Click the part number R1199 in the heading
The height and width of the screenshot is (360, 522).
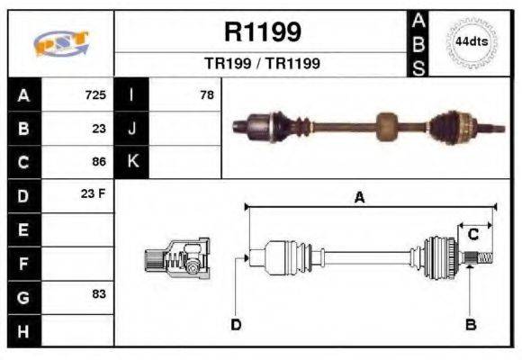pos(261,32)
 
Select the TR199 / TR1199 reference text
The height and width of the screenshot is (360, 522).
pos(261,64)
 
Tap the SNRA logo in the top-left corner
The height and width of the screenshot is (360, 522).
pos(59,43)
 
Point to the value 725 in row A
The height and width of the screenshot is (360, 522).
pos(95,94)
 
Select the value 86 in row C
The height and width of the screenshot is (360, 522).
pos(99,162)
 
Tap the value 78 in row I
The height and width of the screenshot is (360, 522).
pos(206,94)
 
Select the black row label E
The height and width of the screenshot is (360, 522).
pos(23,229)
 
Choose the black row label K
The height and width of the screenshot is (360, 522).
pos(131,162)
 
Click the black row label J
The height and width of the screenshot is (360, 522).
pos(131,129)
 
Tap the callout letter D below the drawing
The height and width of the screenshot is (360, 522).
pos(235,324)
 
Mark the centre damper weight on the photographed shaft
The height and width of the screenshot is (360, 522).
pos(386,127)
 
